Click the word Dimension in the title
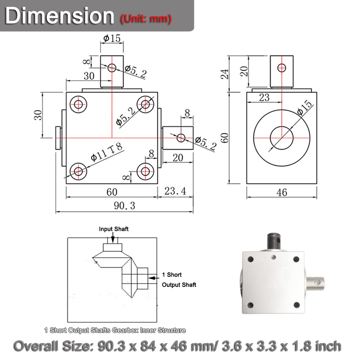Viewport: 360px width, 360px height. pyautogui.click(x=60, y=16)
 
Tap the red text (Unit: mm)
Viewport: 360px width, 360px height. pyautogui.click(x=145, y=18)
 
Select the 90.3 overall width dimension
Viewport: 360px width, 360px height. pyautogui.click(x=125, y=206)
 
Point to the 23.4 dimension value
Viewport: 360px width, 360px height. pyautogui.click(x=175, y=191)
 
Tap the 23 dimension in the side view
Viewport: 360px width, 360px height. pyautogui.click(x=264, y=97)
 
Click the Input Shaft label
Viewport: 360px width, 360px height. pyautogui.click(x=114, y=229)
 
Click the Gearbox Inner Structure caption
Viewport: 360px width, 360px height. pyautogui.click(x=115, y=330)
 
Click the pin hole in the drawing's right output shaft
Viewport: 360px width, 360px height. pyautogui.click(x=181, y=137)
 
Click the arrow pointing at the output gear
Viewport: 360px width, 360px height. pyautogui.click(x=154, y=278)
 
